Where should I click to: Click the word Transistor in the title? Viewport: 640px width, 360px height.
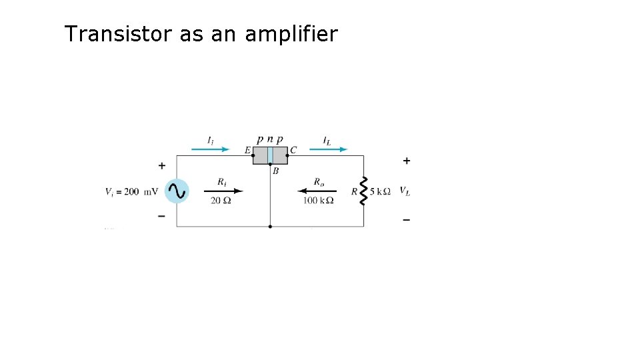118,34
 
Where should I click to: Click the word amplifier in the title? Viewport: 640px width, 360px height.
291,34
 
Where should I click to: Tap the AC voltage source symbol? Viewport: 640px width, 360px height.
177,191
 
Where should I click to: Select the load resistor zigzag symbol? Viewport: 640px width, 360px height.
364,191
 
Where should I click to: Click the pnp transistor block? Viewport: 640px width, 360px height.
270,155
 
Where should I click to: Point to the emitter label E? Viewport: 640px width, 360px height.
247,151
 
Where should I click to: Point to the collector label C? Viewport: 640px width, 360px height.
293,151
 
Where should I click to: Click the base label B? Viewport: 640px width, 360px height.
275,171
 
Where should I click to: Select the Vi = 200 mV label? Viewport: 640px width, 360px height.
131,191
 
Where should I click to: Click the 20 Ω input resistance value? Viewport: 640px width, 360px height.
221,201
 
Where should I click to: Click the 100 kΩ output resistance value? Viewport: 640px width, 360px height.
318,201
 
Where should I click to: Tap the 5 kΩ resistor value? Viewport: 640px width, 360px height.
380,191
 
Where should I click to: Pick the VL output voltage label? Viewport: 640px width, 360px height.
405,191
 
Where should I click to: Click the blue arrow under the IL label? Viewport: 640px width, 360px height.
330,149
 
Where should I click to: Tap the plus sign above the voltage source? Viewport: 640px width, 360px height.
162,165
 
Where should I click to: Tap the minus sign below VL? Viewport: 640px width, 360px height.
407,219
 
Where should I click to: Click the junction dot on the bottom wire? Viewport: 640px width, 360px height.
270,227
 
